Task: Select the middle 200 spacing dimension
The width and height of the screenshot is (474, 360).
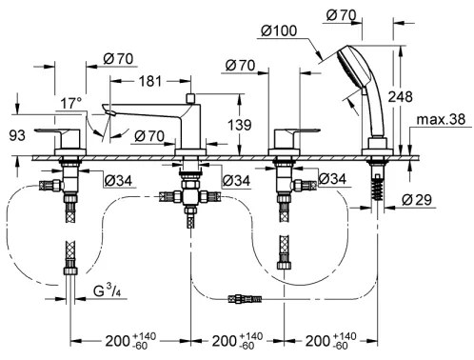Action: [228, 340]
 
